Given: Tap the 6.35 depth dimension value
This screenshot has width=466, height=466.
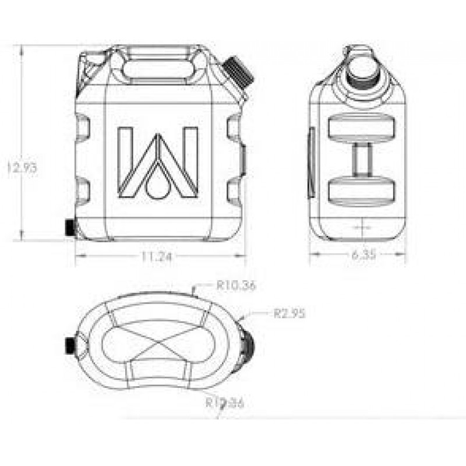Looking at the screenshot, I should pos(362,254).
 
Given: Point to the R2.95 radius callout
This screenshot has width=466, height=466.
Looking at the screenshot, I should pos(290,313).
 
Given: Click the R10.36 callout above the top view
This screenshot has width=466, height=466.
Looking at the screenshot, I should pos(236,285).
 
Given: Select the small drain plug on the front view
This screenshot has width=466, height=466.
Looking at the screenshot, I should pos(70,227).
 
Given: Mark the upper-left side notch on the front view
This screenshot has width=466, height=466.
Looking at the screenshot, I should pos(83,127).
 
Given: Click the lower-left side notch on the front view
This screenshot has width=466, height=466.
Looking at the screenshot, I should pos(83,190).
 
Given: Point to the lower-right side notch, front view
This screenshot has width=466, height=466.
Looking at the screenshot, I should pos(235,191).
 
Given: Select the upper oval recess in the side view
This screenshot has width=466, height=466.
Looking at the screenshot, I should pos(362,129).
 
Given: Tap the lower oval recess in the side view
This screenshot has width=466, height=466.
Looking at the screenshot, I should pos(362,190).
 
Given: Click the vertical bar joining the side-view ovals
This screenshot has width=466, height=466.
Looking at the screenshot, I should pos(362,159).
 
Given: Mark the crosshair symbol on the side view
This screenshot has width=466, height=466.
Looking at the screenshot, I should pos(362,225).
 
